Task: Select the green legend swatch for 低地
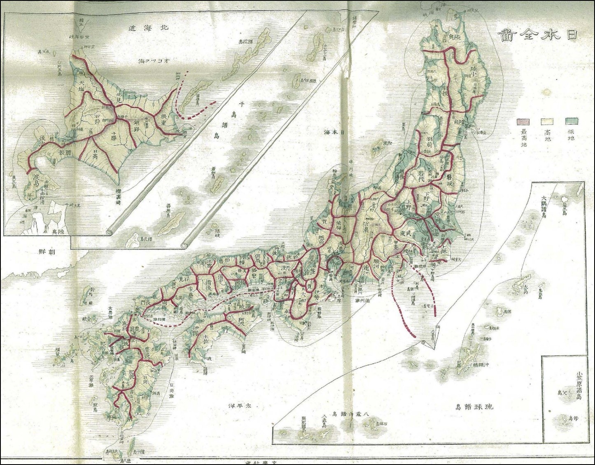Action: pos(571,121)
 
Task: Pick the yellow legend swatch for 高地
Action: pos(548,121)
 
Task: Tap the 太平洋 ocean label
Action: pos(240,405)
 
